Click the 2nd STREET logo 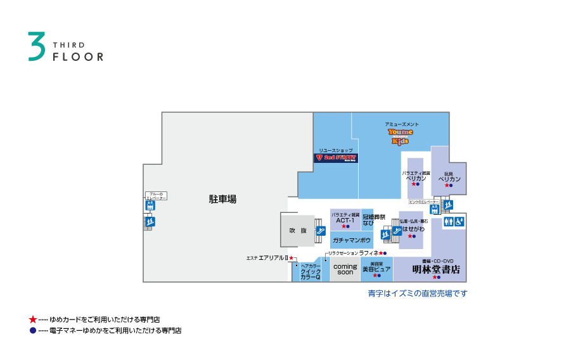click(336, 157)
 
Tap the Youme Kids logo click(400, 136)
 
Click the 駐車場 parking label click(222, 199)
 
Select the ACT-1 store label click(345, 220)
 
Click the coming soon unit click(345, 269)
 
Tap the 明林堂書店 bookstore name click(436, 269)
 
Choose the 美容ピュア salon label click(376, 269)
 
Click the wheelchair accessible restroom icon click(460, 221)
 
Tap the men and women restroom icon click(448, 221)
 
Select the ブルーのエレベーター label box click(156, 196)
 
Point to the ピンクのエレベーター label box click(424, 202)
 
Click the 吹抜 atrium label click(298, 231)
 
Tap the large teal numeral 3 click(37, 47)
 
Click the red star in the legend click(33, 319)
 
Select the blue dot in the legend click(33, 330)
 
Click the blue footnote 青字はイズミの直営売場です click(417, 293)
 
